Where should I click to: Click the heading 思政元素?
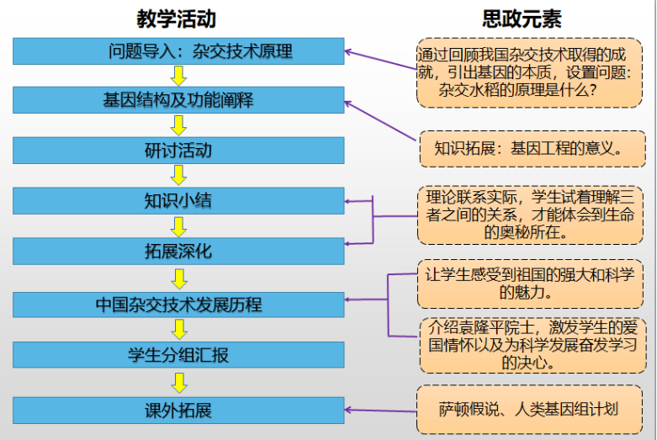pos(522,19)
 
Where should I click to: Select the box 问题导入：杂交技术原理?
pos(178,51)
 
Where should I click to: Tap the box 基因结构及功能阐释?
pos(178,101)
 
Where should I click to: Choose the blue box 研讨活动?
pos(178,151)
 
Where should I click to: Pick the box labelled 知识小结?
pos(178,201)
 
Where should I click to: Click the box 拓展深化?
pos(178,252)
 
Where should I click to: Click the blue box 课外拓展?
pos(178,411)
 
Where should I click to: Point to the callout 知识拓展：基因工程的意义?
pos(527,148)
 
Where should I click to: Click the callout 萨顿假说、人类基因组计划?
pos(527,410)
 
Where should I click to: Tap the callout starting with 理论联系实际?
pos(529,215)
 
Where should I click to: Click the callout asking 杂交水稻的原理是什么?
pos(529,72)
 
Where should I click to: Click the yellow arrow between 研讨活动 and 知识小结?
pos(178,175)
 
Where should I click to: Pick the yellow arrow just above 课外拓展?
pos(178,383)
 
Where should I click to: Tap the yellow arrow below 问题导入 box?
pos(178,76)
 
